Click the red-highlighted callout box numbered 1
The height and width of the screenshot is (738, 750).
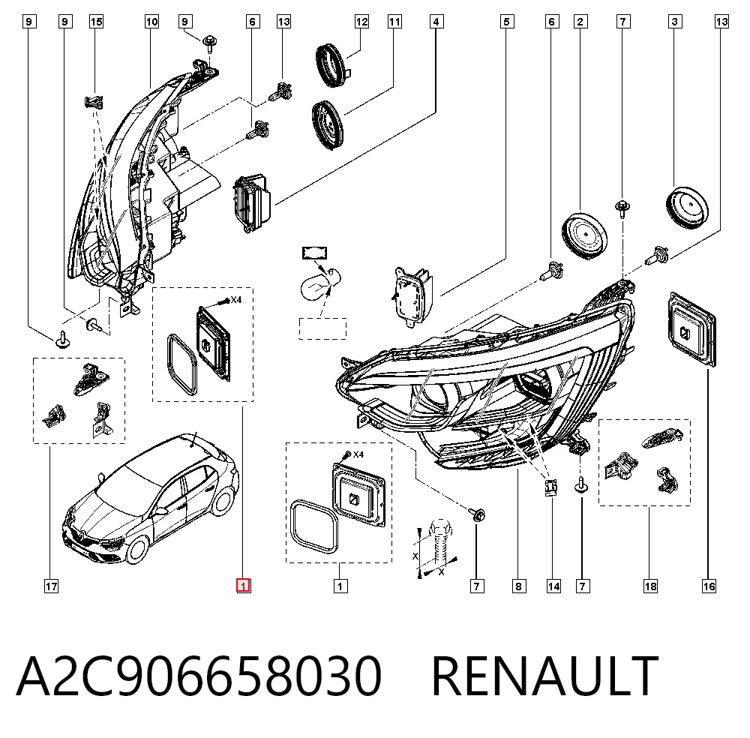point(244,586)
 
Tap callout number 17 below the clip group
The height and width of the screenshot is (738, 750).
point(51,586)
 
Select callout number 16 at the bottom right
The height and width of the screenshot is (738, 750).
point(709,586)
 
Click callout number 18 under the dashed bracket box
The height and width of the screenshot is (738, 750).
point(650,586)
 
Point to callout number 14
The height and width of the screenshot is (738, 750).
point(553,586)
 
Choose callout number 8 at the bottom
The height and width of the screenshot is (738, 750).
point(518,586)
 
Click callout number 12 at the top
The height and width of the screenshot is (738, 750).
point(361,22)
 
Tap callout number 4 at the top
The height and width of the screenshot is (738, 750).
point(436,22)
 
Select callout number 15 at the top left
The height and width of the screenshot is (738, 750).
point(96,22)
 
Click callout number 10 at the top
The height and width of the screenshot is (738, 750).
point(151,22)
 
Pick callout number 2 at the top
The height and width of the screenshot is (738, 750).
point(580,22)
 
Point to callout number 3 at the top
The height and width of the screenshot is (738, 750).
point(674,22)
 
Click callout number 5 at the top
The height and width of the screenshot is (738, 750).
point(507,22)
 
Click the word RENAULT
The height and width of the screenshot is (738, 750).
point(545,675)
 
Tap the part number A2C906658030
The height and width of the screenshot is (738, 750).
point(199,675)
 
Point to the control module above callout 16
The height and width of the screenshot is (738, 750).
point(692,329)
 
